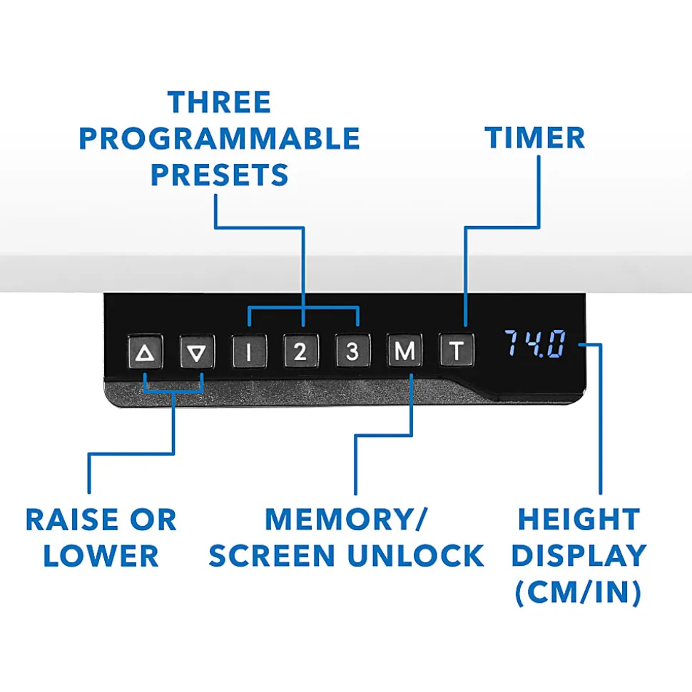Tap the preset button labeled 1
(249, 351)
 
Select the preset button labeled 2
(300, 351)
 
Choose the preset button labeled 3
(352, 351)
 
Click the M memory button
(404, 351)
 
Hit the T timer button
(457, 351)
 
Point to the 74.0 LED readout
(535, 344)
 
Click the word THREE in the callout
(219, 103)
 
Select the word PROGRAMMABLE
(219, 138)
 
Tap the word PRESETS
(219, 175)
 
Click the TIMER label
(534, 138)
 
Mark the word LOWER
(101, 556)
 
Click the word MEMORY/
(347, 520)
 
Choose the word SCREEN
(272, 556)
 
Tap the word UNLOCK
(416, 556)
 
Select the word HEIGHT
(579, 520)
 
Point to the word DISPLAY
(579, 556)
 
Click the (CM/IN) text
(579, 592)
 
